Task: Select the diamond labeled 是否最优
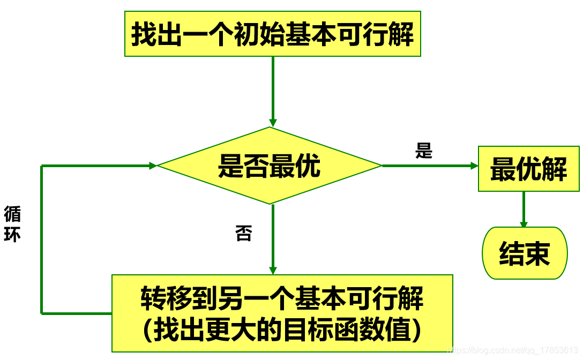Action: (270, 166)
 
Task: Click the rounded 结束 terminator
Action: (525, 253)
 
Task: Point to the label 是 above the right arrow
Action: (423, 151)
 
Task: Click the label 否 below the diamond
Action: (243, 233)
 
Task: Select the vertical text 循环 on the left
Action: (12, 224)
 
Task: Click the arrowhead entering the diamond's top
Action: (273, 123)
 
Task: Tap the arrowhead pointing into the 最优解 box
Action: (474, 166)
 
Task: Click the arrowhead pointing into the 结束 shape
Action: (524, 224)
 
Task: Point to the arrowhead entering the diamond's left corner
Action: (153, 166)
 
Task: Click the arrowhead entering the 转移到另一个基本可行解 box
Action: (273, 271)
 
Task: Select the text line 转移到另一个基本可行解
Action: (282, 298)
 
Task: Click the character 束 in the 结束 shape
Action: (537, 253)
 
